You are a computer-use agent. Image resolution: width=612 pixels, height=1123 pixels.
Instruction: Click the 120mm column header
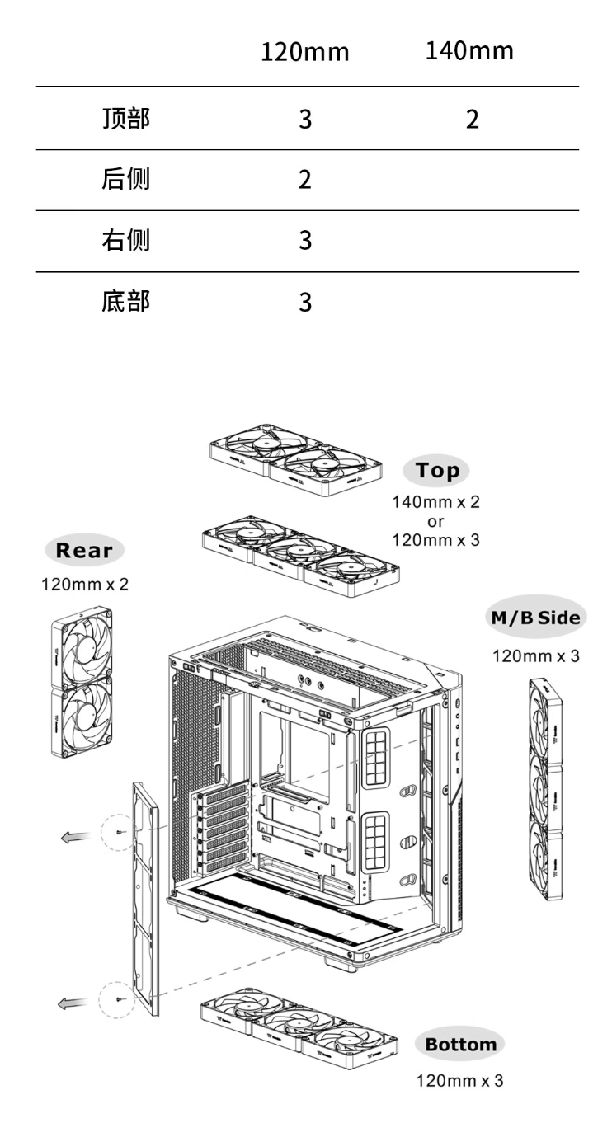pos(305,52)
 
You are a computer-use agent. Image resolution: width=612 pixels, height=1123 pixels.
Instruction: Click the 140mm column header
pos(469,51)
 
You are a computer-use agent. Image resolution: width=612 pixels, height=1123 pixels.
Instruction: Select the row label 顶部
pos(126,119)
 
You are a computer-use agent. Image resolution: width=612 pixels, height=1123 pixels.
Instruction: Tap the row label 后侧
pos(126,179)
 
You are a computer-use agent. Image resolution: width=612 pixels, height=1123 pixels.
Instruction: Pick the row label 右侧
pos(126,240)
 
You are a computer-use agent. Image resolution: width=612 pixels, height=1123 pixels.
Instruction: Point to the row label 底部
pos(126,301)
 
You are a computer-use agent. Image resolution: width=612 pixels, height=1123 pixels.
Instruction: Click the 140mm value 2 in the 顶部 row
pos(472,120)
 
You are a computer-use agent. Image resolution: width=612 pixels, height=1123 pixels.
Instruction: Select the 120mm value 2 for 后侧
pos(305,180)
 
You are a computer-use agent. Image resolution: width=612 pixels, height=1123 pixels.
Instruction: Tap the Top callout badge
pos(436,471)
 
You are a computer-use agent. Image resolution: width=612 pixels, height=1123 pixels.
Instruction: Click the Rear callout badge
pos(84,550)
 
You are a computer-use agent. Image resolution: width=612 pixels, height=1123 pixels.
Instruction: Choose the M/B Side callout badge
pos(536,617)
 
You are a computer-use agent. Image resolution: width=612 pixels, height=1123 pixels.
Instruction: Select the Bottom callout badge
pos(460,1045)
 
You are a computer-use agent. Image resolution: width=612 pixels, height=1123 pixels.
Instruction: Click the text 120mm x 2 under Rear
pos(85,584)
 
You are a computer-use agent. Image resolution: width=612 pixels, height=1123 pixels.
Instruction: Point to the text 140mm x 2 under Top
pos(436,502)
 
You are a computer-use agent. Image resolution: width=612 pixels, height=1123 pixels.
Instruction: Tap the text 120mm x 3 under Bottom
pos(459,1080)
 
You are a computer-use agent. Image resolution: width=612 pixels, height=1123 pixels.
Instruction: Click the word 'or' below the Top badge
pos(436,522)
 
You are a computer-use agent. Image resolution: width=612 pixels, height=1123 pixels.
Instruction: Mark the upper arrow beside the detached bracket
pos(75,837)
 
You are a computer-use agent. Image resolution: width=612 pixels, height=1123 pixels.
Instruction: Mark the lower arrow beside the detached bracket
pos(73,1003)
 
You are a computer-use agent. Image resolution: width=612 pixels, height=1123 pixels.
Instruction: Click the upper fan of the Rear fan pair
pos(82,646)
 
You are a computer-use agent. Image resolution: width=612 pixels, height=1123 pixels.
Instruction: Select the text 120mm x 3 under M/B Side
pos(536,655)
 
